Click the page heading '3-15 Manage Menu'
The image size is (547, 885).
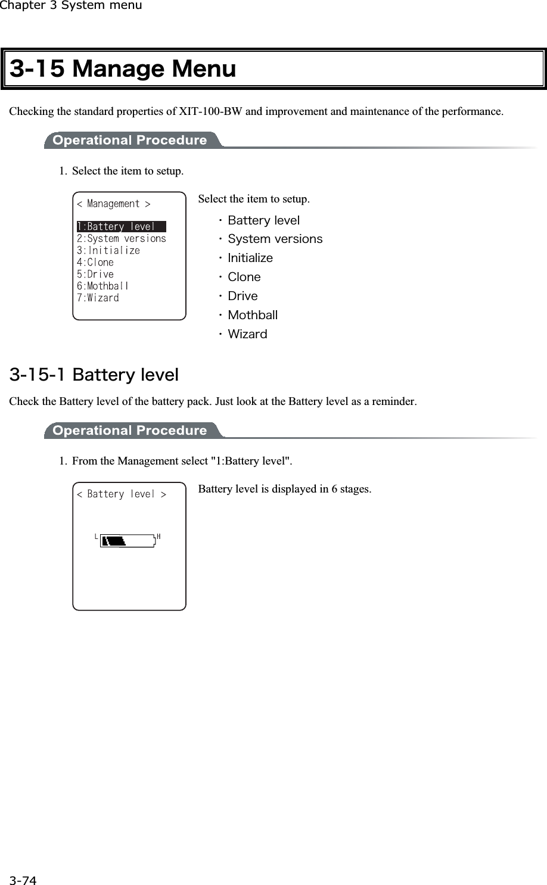tap(123, 69)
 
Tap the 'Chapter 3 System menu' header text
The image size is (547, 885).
tap(71, 6)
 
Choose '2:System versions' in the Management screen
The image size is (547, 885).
tap(122, 239)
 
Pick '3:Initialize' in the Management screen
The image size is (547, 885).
tap(108, 251)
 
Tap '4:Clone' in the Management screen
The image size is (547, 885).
tap(95, 263)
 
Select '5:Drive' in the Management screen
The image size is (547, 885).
tap(95, 275)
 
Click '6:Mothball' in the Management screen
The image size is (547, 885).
tap(103, 286)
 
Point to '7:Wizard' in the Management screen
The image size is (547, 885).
tap(98, 298)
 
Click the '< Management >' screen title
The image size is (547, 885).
tap(114, 204)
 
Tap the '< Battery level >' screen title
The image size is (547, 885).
tap(122, 494)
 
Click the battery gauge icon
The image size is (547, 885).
tap(128, 541)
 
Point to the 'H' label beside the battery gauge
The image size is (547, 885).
tap(158, 537)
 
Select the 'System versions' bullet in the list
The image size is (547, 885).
tap(275, 239)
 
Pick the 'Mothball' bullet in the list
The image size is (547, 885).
tap(253, 315)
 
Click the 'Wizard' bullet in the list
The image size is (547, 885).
tap(247, 334)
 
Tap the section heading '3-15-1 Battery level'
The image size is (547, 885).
tap(94, 375)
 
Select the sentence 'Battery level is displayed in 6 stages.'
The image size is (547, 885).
tap(284, 490)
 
